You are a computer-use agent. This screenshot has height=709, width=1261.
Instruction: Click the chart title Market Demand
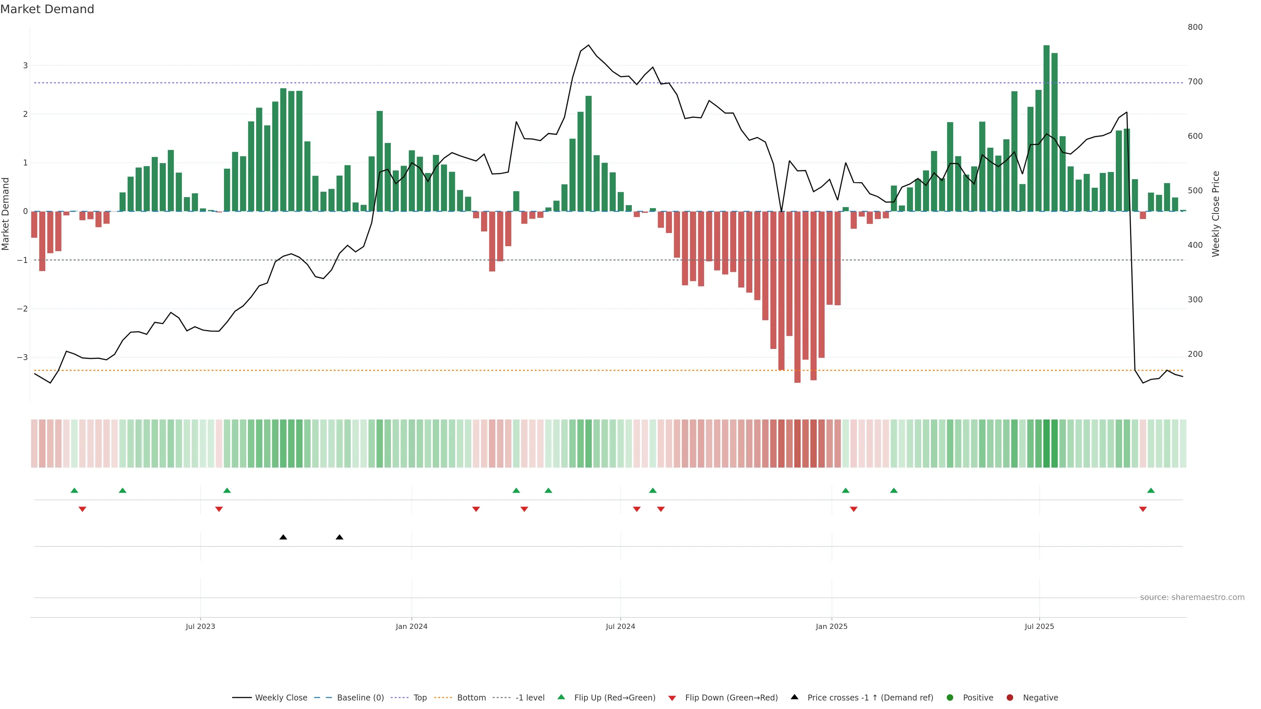pos(47,9)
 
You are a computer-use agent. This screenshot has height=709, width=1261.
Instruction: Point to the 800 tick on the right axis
pos(1195,27)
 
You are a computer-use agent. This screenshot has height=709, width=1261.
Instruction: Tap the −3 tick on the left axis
pos(23,357)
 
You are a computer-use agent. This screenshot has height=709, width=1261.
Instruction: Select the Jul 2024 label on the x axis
pos(620,626)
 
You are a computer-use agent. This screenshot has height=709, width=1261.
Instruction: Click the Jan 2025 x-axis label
pos(831,626)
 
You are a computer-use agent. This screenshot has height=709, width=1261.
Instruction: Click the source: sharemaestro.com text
pos(1192,597)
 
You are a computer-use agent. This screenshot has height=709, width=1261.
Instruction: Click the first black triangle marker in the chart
pos(283,537)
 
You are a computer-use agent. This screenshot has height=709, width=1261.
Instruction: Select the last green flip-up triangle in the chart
pos(1151,490)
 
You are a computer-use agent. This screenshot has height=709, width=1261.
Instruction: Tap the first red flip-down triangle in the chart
pos(82,509)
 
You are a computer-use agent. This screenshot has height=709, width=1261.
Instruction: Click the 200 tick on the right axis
pos(1195,354)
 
